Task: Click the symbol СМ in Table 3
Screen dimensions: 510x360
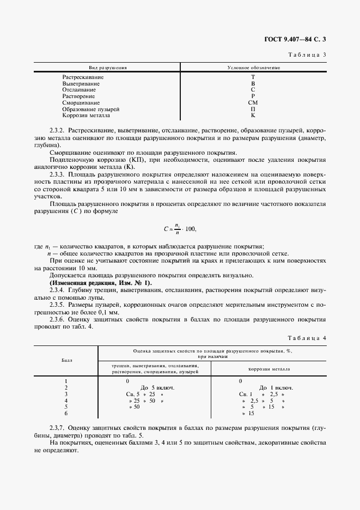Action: click(253, 102)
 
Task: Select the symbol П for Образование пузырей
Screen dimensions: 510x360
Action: click(253, 109)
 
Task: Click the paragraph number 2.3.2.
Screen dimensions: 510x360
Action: click(57, 132)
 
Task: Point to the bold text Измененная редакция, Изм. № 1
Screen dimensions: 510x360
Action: click(101, 283)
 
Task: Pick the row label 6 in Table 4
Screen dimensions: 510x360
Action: click(66, 414)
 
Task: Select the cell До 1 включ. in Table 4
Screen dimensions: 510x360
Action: click(276, 387)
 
